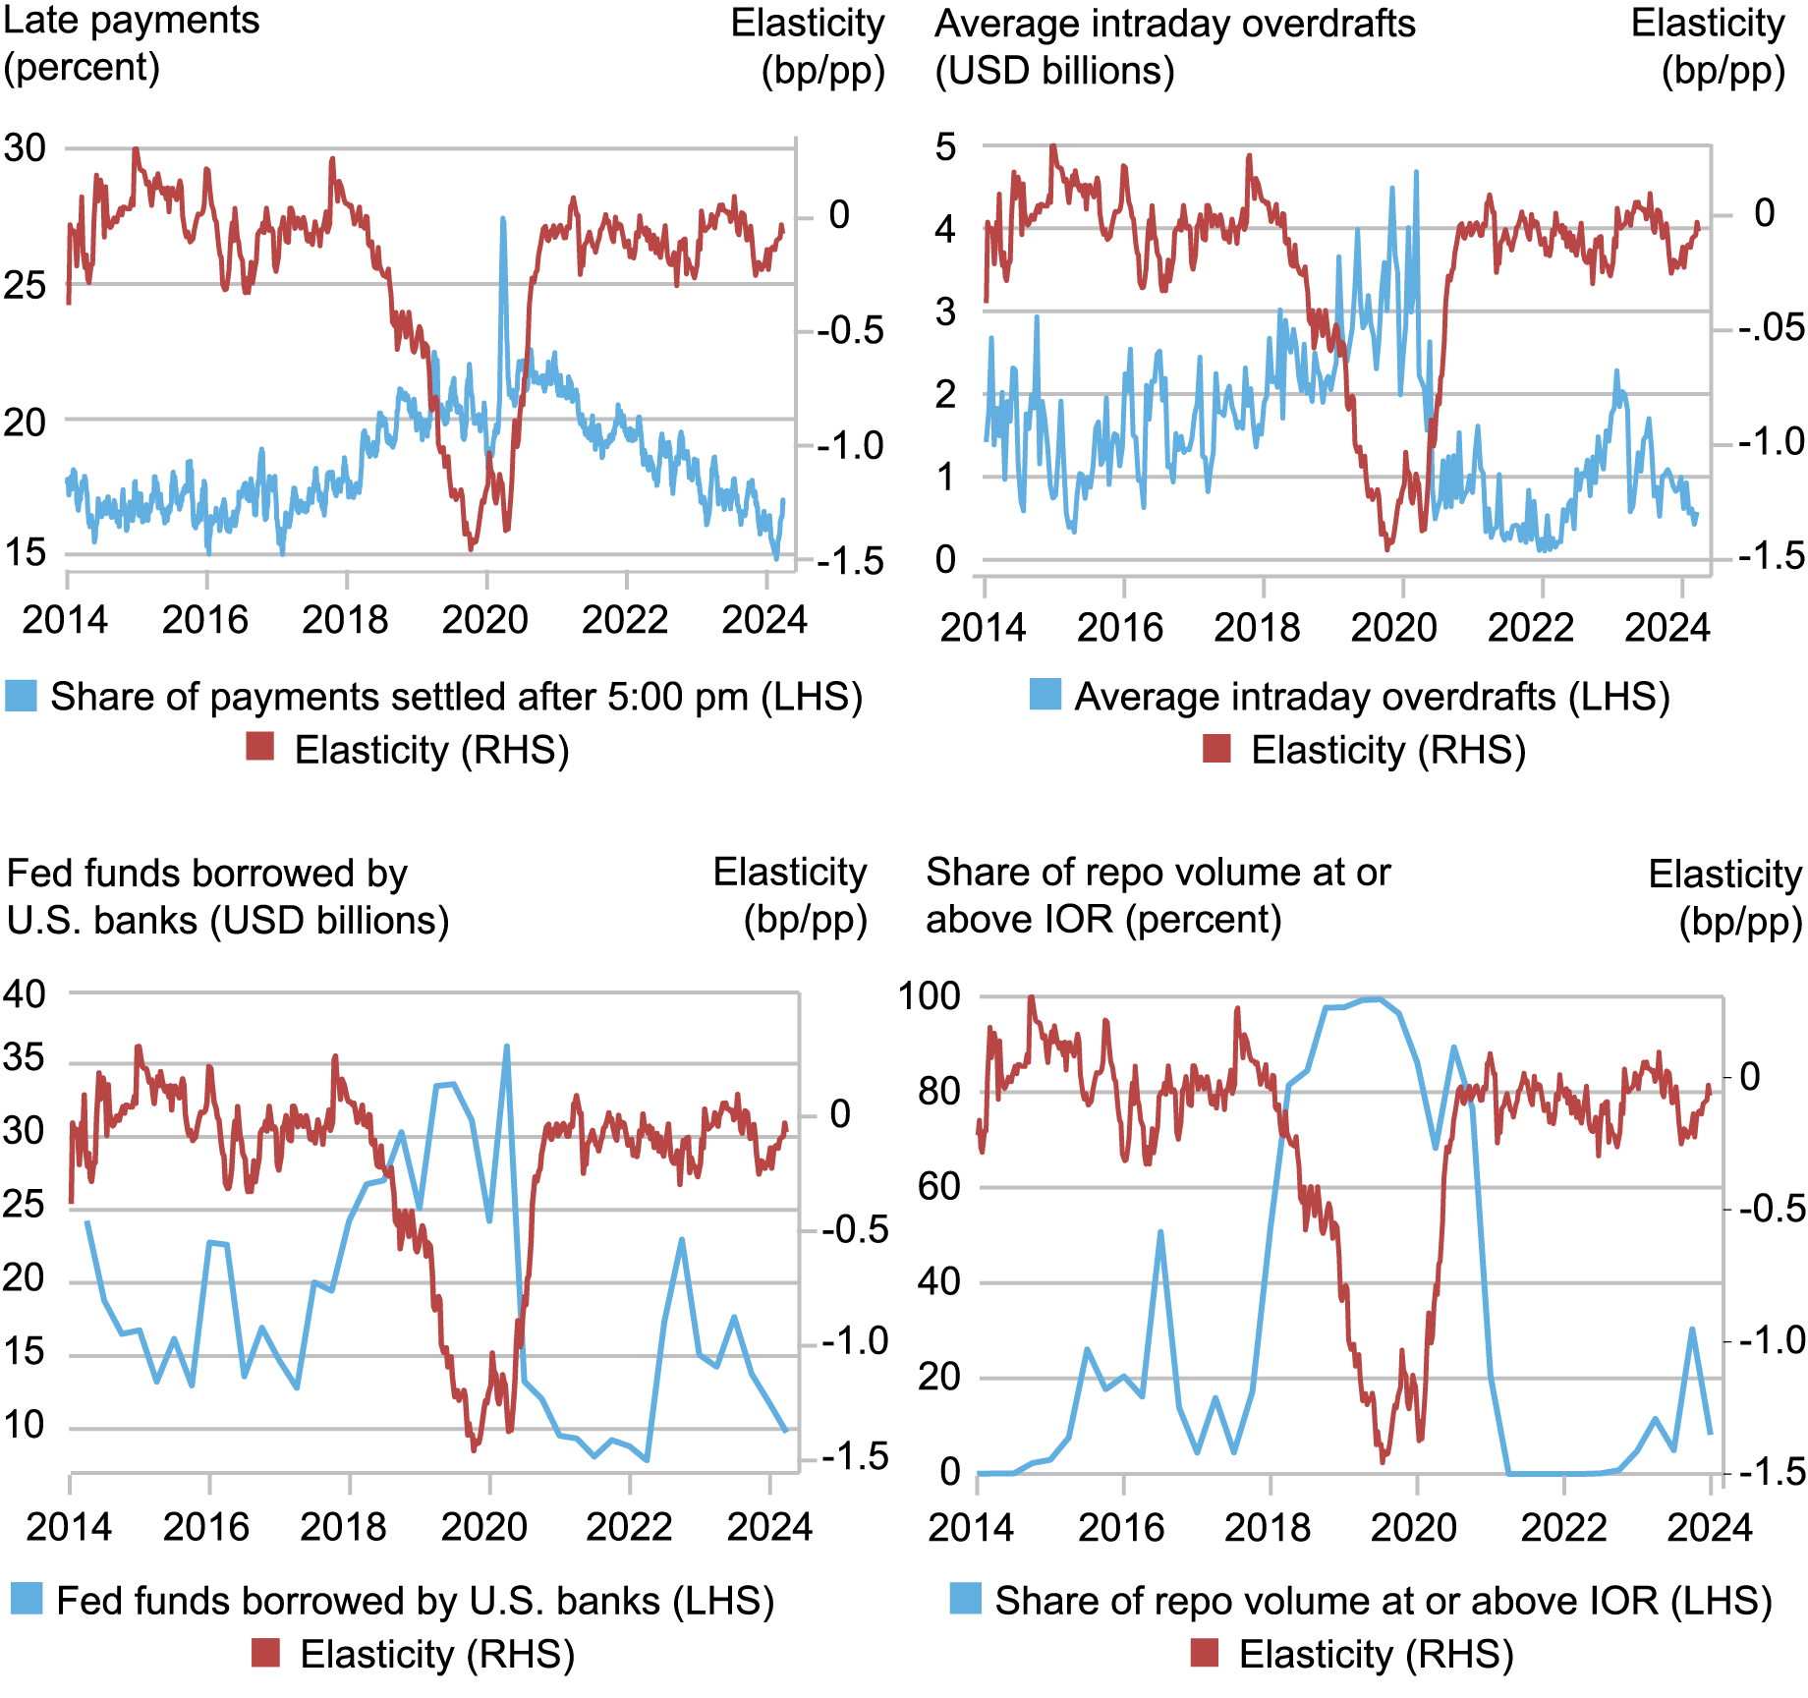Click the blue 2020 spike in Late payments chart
(503, 222)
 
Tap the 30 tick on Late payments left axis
(25, 148)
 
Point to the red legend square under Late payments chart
(259, 748)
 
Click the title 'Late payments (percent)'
(131, 44)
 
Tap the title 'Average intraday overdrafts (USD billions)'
(1174, 46)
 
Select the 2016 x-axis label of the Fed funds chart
(205, 1526)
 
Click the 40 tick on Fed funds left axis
(25, 993)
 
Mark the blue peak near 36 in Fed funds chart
(507, 1047)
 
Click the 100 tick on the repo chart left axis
(929, 995)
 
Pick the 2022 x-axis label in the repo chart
(1562, 1527)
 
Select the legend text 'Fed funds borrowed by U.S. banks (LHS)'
(415, 1601)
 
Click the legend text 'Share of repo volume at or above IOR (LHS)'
(1383, 1601)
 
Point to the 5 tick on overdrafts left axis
(945, 147)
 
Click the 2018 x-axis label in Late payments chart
(345, 619)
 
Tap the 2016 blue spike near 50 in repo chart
(1160, 1232)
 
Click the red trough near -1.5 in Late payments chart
(472, 548)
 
